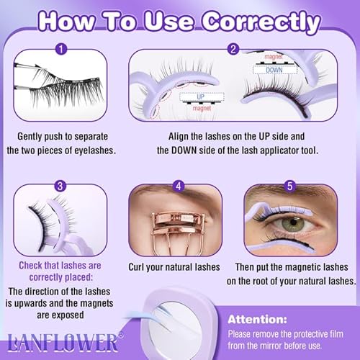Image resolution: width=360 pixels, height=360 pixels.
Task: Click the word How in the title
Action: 70,22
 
